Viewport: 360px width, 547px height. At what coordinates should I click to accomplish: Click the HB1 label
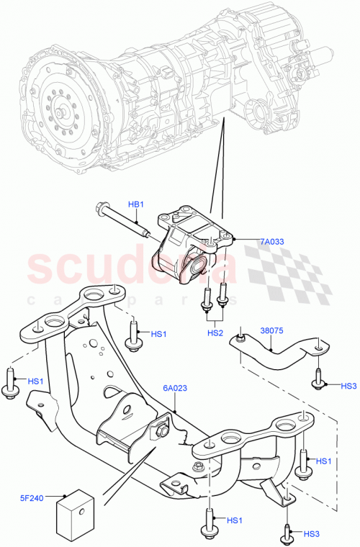(x=137, y=204)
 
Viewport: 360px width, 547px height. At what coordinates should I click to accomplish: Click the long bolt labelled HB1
(x=122, y=222)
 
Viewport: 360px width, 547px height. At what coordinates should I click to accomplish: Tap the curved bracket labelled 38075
(x=277, y=356)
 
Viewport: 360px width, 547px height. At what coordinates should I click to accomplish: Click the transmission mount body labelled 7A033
(x=191, y=238)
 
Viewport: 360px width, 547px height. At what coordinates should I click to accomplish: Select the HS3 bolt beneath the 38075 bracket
(x=318, y=381)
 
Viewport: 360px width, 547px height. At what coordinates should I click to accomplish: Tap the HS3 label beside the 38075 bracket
(x=349, y=386)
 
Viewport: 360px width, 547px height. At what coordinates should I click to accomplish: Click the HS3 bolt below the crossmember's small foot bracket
(x=287, y=532)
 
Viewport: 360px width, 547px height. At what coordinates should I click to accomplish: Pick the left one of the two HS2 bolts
(x=207, y=298)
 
